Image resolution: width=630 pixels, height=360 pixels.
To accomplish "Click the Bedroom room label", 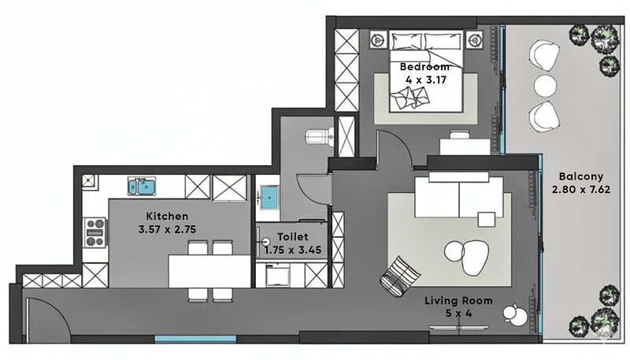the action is (x=424, y=66).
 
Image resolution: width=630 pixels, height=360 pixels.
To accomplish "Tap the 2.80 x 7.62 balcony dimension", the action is (x=581, y=190).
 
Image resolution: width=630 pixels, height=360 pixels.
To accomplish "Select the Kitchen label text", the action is (x=167, y=216).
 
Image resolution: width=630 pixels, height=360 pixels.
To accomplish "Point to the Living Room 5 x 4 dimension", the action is (x=458, y=314).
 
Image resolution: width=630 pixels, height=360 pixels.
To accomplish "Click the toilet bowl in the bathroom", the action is (x=320, y=136).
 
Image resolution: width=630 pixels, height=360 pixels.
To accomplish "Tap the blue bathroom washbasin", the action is (x=269, y=197).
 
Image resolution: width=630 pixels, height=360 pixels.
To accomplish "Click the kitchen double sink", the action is (x=142, y=187).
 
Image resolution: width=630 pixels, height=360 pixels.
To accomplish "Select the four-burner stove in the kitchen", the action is (x=95, y=232).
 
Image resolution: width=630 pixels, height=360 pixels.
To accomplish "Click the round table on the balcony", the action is (x=545, y=85).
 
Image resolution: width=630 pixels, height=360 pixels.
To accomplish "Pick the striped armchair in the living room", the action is (x=400, y=276).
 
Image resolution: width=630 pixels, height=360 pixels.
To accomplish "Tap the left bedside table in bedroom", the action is (x=378, y=39).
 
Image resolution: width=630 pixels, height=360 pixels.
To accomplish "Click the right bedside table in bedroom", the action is (x=475, y=39).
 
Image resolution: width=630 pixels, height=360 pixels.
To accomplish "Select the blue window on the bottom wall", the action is (x=195, y=340).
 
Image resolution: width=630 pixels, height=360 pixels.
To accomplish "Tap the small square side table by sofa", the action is (x=486, y=219).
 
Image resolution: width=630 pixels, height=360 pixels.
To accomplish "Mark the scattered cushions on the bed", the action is (x=409, y=98).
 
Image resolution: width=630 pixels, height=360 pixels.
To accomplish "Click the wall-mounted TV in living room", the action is (x=459, y=328).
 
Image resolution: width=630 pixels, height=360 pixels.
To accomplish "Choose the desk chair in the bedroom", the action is (x=460, y=134).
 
